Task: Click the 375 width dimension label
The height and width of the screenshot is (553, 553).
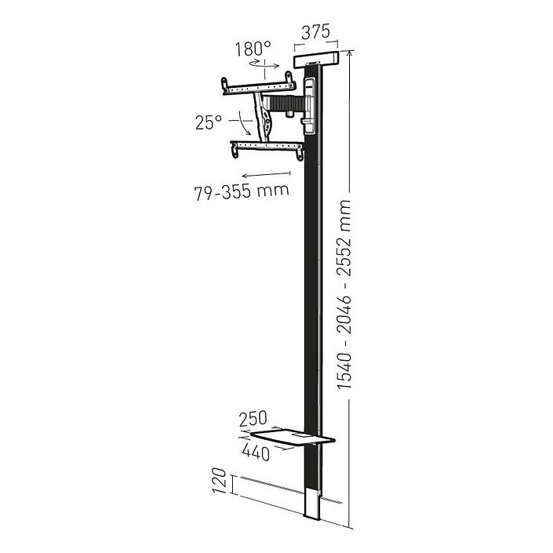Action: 315,32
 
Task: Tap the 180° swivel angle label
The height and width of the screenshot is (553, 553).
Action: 253,49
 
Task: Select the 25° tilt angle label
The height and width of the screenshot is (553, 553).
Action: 209,122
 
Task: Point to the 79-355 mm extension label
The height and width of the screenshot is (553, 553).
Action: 242,191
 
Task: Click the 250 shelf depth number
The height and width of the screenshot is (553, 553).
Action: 253,419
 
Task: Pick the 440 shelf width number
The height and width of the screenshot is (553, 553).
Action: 256,452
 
